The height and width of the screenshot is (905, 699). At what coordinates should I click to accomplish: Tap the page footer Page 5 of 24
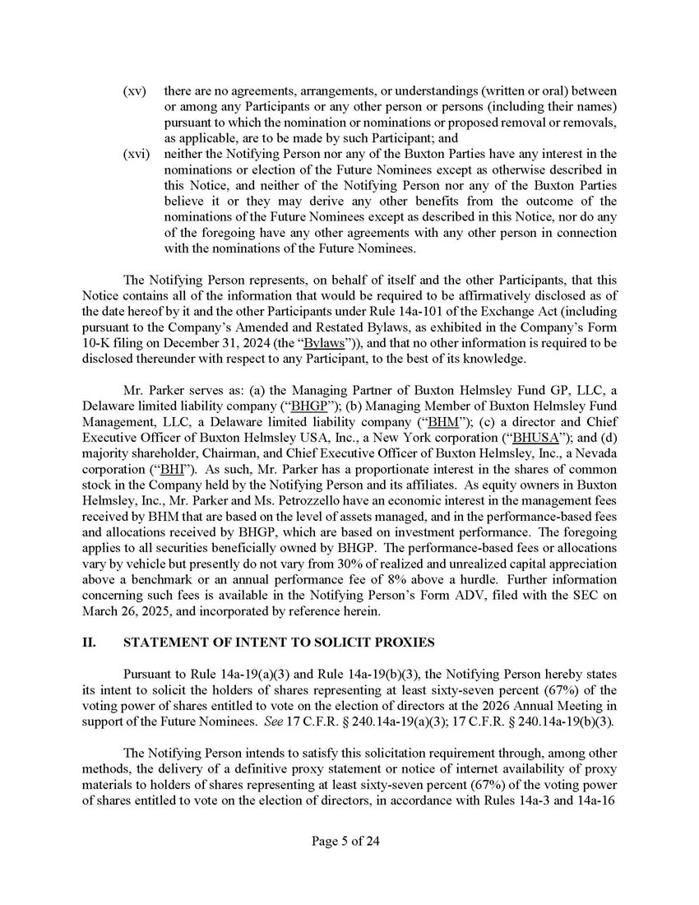pos(349,841)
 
